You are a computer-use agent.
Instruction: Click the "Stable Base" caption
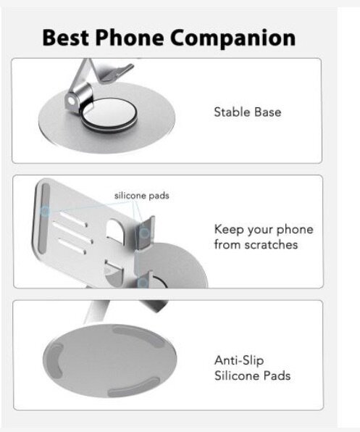pos(247,112)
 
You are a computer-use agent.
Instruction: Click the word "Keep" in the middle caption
pos(228,229)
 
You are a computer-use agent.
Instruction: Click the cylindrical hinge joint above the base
pos(78,96)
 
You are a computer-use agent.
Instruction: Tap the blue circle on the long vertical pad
pos(46,211)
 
